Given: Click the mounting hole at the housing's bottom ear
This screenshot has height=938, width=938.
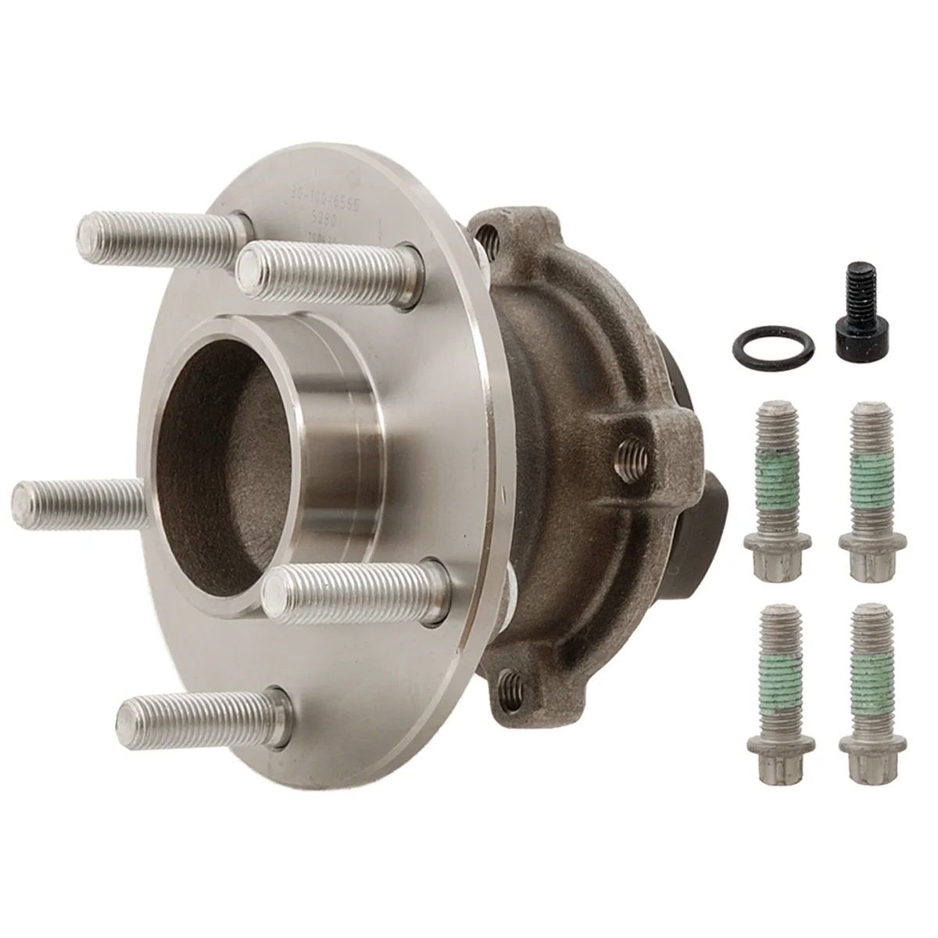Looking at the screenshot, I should point(512,684).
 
